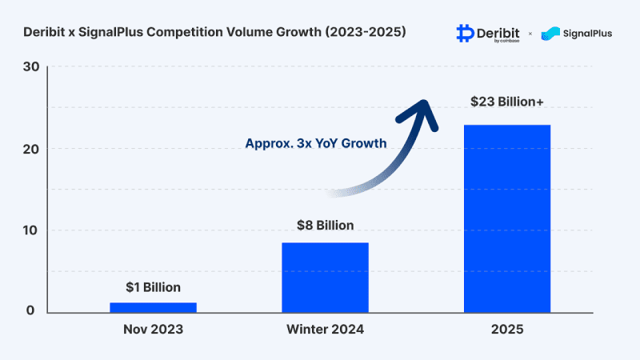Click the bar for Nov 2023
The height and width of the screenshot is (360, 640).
point(153,306)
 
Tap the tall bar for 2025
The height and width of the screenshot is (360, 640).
point(506,218)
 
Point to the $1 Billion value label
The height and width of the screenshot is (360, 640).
point(152,287)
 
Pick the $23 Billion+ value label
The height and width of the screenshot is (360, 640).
point(508,102)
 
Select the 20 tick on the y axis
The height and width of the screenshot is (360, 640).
point(30,149)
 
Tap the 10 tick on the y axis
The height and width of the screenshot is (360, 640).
point(30,230)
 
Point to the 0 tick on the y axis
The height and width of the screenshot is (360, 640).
point(32,311)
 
